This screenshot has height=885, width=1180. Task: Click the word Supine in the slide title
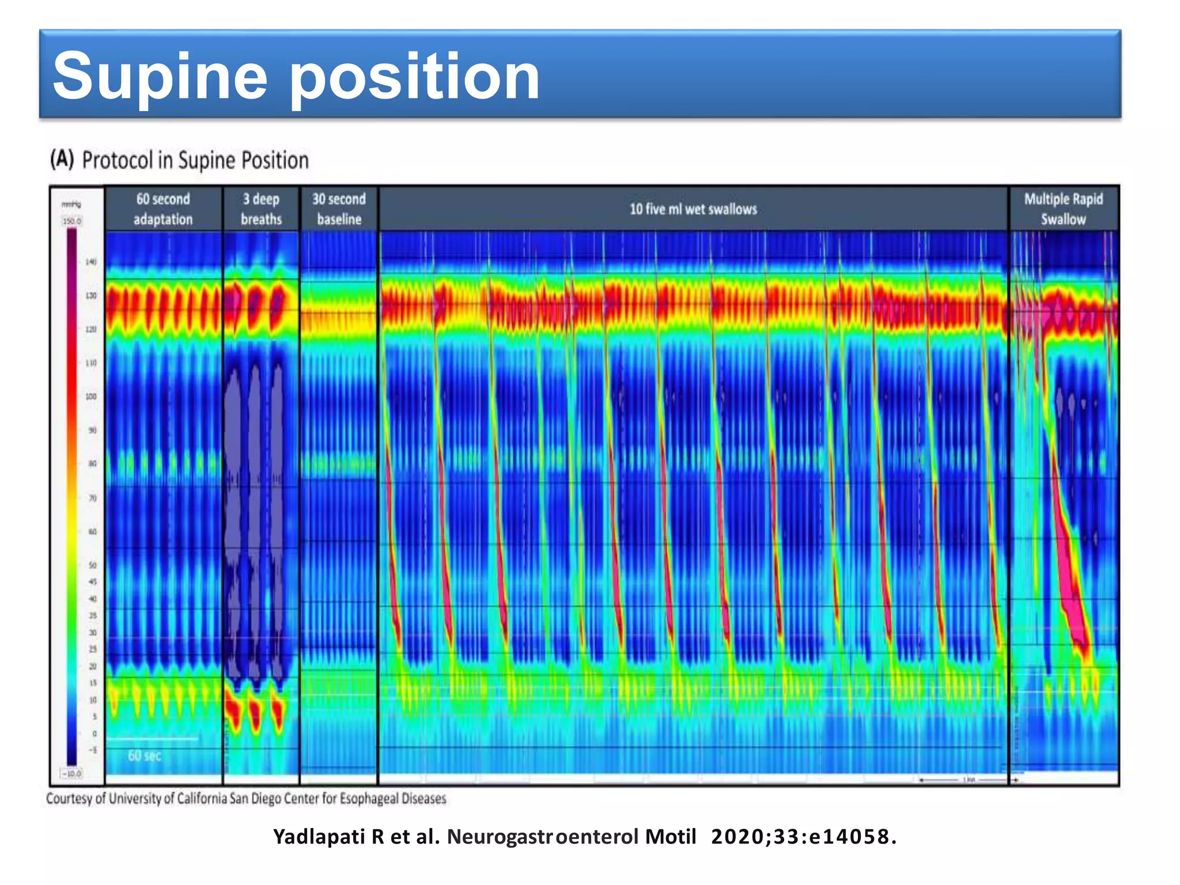[x=160, y=77]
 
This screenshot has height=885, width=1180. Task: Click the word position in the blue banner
[x=414, y=77]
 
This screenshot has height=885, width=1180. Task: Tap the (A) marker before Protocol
[x=62, y=159]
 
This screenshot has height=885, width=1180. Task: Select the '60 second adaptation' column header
[x=163, y=209]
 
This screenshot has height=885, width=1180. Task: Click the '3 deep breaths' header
[x=261, y=209]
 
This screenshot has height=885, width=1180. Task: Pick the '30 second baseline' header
[x=339, y=209]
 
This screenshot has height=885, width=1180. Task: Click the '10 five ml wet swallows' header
[x=693, y=209]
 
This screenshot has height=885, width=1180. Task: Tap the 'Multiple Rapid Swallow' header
[x=1063, y=209]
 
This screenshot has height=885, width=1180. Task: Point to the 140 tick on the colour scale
[x=91, y=262]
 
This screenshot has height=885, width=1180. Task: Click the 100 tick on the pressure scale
[x=91, y=397]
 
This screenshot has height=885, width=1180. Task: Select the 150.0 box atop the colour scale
[x=72, y=221]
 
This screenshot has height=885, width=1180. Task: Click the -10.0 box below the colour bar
[x=72, y=773]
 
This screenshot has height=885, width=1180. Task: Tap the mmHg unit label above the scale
[x=71, y=205]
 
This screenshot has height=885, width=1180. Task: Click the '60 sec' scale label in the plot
[x=144, y=755]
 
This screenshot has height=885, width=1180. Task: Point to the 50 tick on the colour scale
[x=92, y=565]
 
